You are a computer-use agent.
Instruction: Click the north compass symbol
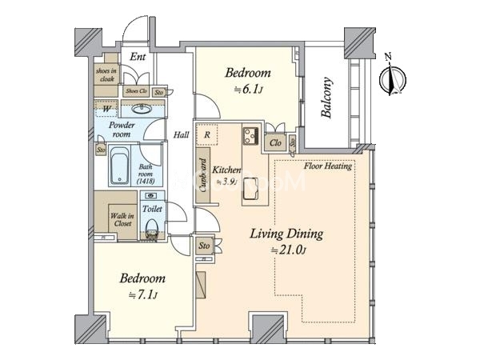tap(392, 78)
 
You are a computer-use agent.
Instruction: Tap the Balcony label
tap(328, 98)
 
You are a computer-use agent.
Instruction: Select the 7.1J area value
tap(144, 294)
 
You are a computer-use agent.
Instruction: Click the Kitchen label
tap(226, 170)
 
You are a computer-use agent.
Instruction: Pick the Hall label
tap(181, 135)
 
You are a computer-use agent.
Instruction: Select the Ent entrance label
tap(138, 57)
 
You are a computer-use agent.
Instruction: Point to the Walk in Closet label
tap(122, 220)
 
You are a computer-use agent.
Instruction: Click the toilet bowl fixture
tap(152, 230)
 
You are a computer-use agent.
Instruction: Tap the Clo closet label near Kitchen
tap(274, 144)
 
